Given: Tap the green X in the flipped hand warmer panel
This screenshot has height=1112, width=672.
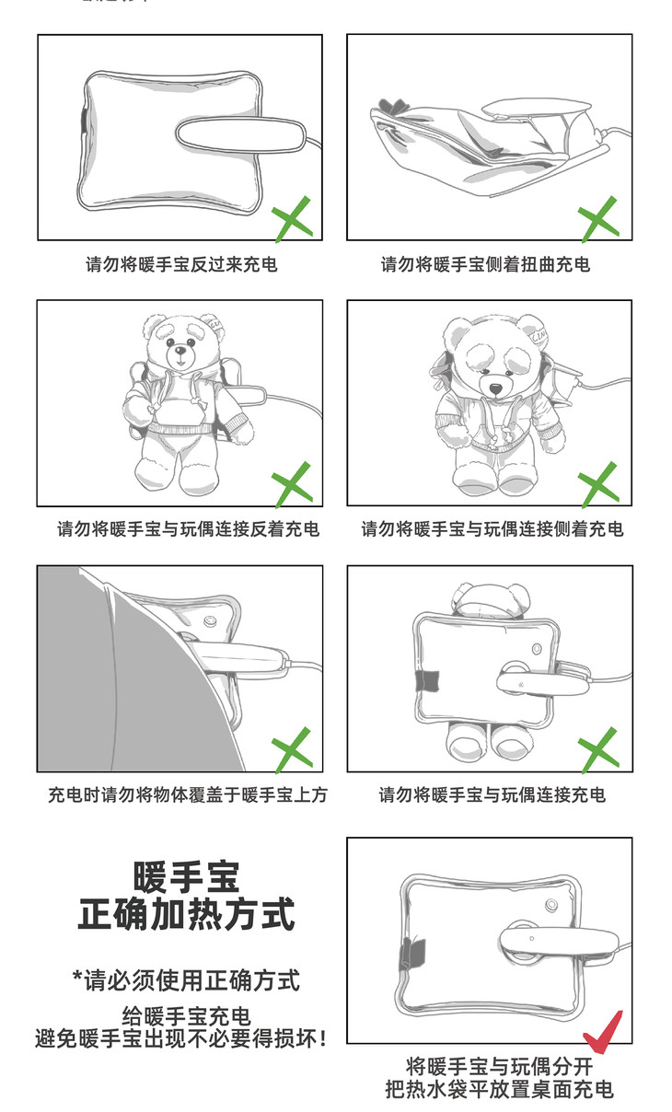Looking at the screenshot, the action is pyautogui.click(x=293, y=218).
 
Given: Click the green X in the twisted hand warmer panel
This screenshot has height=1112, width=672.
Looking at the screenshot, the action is pyautogui.click(x=598, y=218).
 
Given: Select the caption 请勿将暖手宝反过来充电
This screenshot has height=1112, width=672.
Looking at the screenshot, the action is pyautogui.click(x=181, y=264).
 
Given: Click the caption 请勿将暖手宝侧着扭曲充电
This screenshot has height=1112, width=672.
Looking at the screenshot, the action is pyautogui.click(x=485, y=264).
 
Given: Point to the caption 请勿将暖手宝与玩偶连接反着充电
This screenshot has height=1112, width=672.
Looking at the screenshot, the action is pyautogui.click(x=188, y=529).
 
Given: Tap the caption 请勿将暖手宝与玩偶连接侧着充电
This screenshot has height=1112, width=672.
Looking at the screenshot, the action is pyautogui.click(x=492, y=529).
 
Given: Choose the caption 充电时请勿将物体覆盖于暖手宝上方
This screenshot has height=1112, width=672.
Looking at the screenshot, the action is pyautogui.click(x=188, y=794).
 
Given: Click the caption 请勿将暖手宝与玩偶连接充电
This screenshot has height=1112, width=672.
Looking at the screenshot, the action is pyautogui.click(x=492, y=794).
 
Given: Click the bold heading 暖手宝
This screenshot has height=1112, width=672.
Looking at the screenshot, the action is pyautogui.click(x=187, y=878).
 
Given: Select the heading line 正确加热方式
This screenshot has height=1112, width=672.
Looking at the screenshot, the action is pyautogui.click(x=187, y=914).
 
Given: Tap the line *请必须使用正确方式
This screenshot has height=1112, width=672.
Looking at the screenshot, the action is pyautogui.click(x=186, y=980).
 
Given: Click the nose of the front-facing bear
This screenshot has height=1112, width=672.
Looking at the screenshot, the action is pyautogui.click(x=180, y=352).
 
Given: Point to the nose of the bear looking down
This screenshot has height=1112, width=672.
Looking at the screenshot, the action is pyautogui.click(x=496, y=388).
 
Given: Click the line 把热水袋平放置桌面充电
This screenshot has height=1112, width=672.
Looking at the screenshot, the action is pyautogui.click(x=499, y=1090).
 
